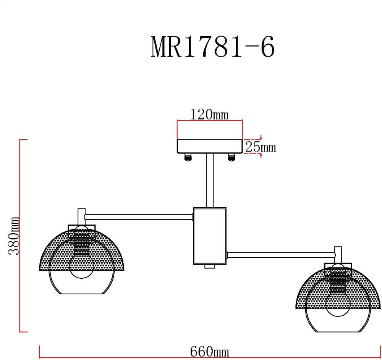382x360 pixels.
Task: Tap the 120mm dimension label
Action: (209, 114)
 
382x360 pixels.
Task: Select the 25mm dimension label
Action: (260, 147)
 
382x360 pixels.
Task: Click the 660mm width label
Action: (209, 352)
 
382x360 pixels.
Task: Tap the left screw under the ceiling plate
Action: (188, 157)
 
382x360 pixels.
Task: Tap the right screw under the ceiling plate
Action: (231, 157)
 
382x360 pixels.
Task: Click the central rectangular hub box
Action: (210, 236)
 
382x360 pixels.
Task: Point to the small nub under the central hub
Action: (210, 266)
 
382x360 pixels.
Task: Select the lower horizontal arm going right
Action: (280, 255)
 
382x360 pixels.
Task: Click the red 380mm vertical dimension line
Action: (20, 236)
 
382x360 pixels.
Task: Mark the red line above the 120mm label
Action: (210, 121)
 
